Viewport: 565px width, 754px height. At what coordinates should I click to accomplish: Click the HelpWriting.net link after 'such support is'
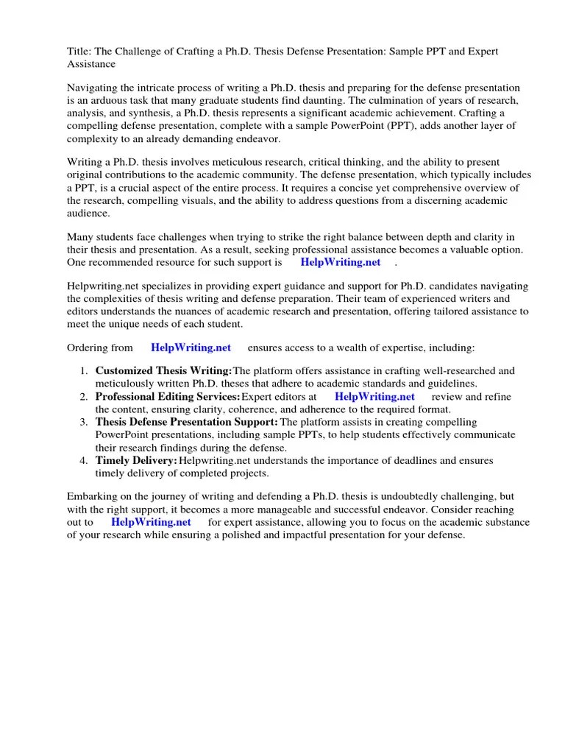[x=340, y=262]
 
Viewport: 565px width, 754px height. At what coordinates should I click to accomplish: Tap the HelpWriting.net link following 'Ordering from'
[x=191, y=348]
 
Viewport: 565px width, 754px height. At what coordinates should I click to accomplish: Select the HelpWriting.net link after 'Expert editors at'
[x=374, y=396]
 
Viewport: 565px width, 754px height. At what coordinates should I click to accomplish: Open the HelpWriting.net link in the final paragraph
[x=151, y=522]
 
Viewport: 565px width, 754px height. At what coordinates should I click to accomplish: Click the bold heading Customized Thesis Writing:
[x=163, y=370]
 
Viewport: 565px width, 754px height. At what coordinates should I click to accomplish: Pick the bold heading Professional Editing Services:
[x=168, y=396]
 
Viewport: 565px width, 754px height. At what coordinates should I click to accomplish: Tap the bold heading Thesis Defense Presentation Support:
[x=187, y=422]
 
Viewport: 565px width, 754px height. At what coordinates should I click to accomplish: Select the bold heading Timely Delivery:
[x=136, y=460]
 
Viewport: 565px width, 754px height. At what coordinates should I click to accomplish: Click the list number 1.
[x=85, y=371]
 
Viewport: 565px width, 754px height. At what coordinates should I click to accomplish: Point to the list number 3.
[x=85, y=423]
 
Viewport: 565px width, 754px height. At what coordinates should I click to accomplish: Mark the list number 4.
[x=85, y=461]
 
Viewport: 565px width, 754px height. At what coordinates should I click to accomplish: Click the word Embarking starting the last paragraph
[x=93, y=496]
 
